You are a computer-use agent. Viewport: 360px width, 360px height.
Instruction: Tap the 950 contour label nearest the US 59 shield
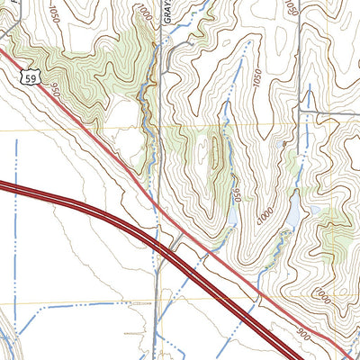pos(56,89)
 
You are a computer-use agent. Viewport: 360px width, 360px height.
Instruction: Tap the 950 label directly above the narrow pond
pos(236,193)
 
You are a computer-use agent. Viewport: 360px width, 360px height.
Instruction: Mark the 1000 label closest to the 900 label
pos(322,294)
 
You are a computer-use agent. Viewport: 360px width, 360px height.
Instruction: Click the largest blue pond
pos(294,214)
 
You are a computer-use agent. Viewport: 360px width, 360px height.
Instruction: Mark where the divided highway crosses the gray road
pos(159,245)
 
